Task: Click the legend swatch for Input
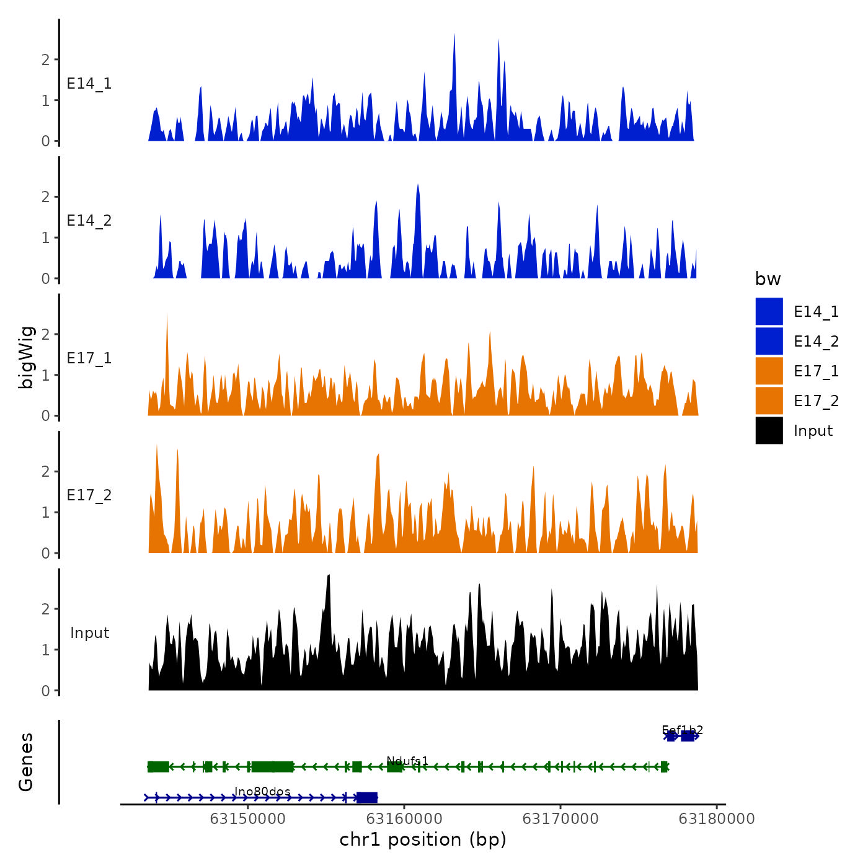tap(769, 430)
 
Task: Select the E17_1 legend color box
tap(769, 371)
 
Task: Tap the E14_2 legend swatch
tap(769, 341)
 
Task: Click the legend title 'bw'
tap(768, 279)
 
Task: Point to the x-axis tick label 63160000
tap(404, 819)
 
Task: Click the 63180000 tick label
tap(717, 819)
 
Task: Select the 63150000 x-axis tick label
tap(247, 819)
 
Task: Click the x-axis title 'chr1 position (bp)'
tap(423, 839)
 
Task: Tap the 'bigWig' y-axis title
tap(26, 357)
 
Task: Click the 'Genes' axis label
tap(26, 762)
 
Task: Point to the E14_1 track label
tap(89, 84)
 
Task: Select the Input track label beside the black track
tap(89, 633)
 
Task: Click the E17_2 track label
tap(89, 495)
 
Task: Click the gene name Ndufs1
tap(407, 761)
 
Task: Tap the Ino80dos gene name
tap(262, 792)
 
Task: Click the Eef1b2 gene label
tap(682, 730)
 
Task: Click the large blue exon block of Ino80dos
tap(366, 797)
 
